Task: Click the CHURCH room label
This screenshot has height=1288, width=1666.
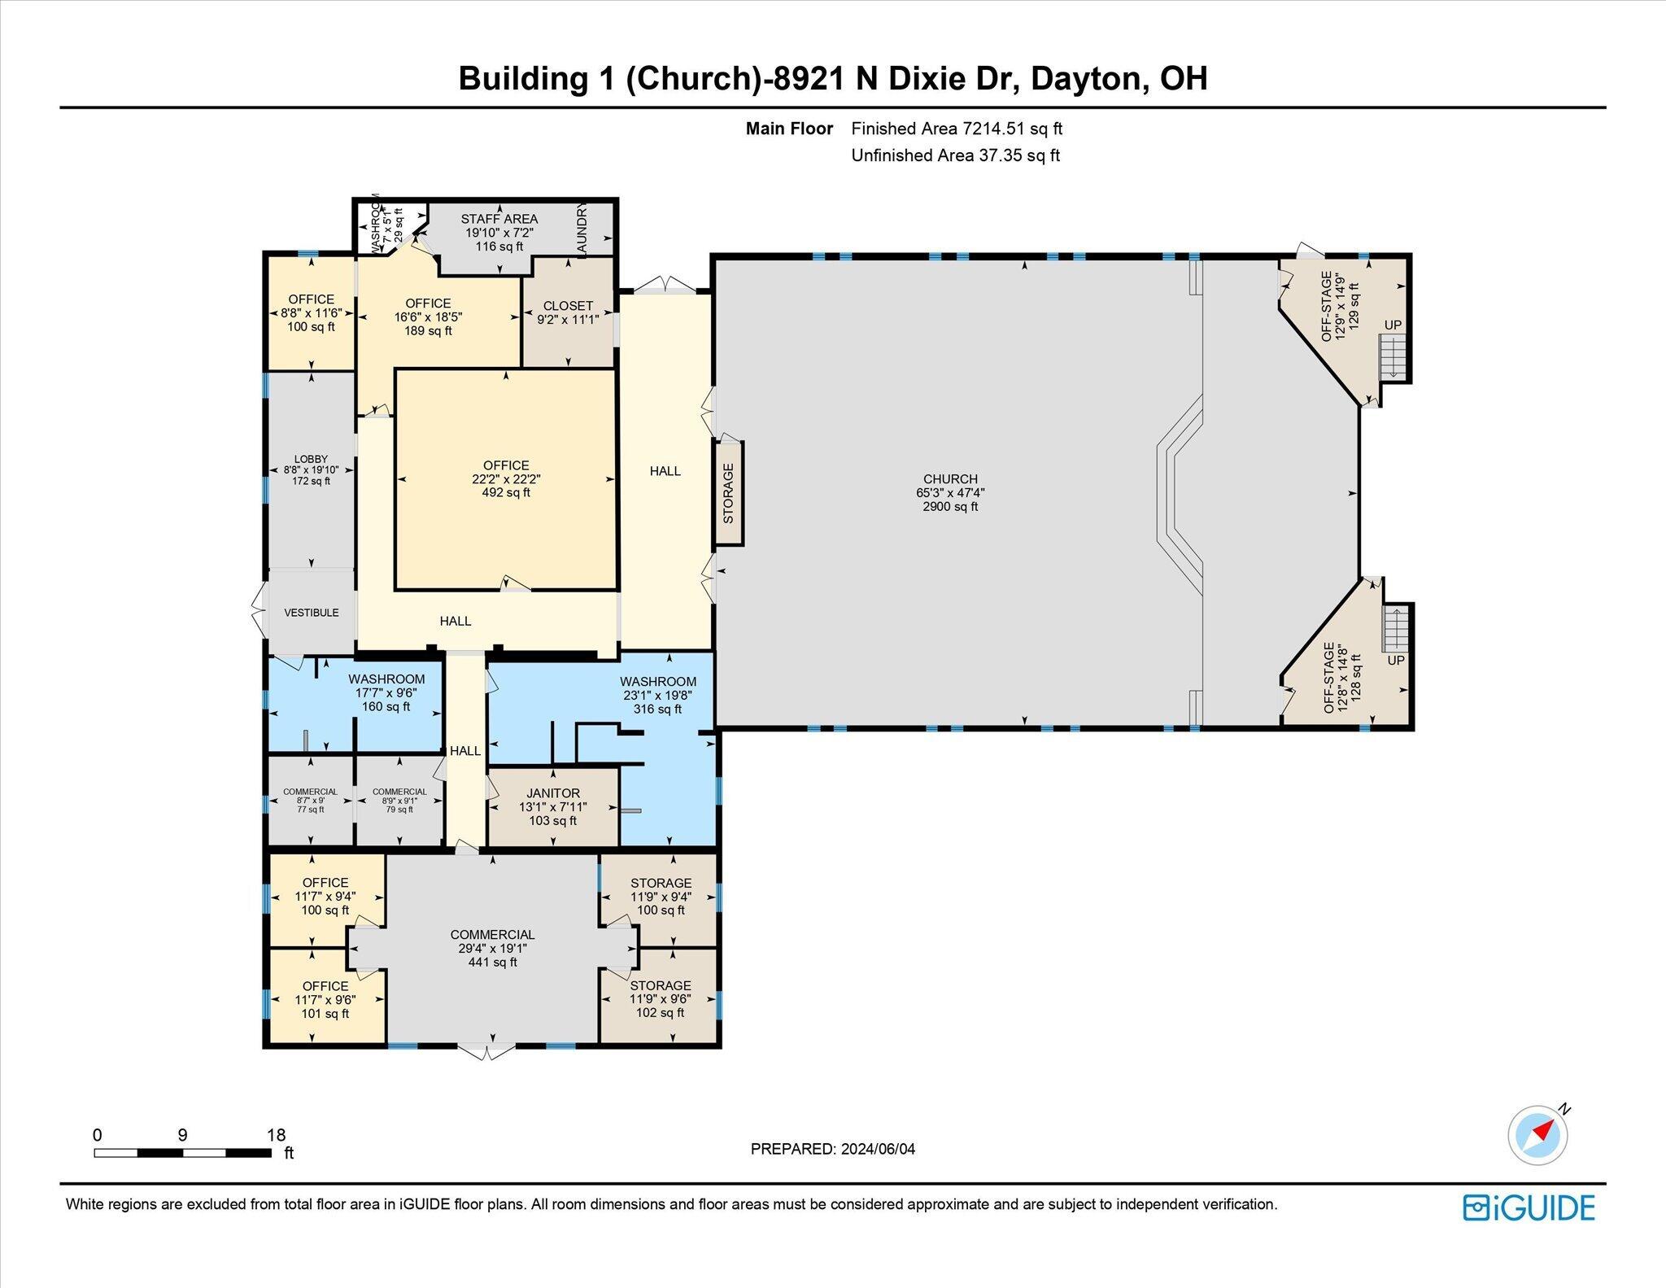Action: click(950, 493)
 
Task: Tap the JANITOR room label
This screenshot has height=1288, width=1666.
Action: click(553, 807)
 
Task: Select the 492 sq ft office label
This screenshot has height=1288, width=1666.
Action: click(506, 479)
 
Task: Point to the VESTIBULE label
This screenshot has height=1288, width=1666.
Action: click(312, 613)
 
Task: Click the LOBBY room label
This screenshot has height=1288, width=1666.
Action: click(311, 470)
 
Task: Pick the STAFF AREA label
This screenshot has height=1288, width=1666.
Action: click(499, 233)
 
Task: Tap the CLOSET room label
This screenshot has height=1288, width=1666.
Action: click(568, 313)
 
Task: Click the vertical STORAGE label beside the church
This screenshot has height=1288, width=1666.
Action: click(728, 493)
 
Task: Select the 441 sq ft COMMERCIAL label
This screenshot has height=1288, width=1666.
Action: click(493, 949)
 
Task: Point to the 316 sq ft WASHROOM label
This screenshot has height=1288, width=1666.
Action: click(658, 696)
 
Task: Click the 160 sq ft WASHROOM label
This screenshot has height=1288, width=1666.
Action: click(386, 692)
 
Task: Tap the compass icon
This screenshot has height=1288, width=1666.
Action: click(1537, 1134)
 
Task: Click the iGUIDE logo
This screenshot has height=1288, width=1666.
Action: click(1529, 1207)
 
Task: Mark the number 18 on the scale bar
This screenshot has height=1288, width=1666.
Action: click(277, 1135)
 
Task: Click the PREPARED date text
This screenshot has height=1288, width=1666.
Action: click(833, 1149)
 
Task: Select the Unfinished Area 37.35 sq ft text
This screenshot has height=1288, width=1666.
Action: click(956, 155)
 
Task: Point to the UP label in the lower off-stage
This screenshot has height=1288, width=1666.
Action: click(1396, 660)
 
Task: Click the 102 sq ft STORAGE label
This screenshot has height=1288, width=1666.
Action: click(661, 999)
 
